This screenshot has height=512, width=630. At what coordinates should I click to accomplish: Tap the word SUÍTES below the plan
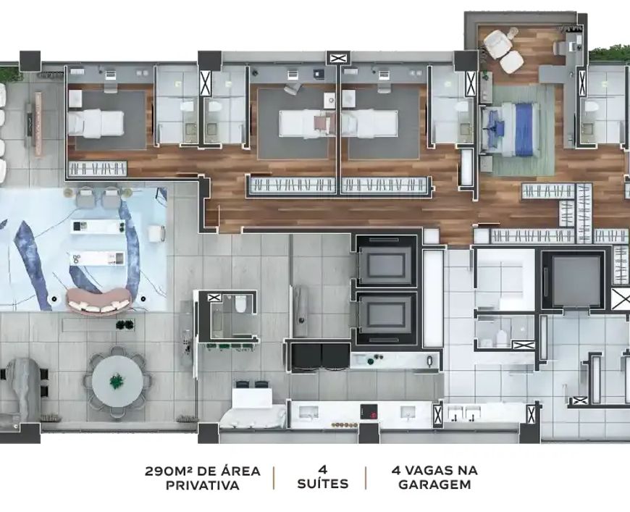coord(323,484)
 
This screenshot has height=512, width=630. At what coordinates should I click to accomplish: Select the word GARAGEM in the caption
coord(434,484)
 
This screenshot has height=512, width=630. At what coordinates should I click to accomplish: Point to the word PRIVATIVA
coord(203,485)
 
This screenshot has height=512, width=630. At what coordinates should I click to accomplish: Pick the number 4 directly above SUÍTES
coord(322,469)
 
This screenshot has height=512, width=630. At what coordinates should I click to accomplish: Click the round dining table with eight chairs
coord(117,382)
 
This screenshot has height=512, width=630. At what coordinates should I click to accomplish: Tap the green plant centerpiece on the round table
coord(117,381)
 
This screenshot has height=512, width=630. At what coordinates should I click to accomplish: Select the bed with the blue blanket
coord(511,129)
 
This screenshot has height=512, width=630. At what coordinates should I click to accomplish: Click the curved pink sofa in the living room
coord(98,301)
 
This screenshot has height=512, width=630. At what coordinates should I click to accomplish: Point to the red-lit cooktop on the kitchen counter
coord(369,412)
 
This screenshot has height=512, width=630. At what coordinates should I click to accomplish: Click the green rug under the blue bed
coord(518,130)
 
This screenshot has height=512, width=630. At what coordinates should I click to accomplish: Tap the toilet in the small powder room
coord(240,304)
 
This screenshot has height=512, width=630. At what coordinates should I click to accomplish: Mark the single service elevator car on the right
coord(574,280)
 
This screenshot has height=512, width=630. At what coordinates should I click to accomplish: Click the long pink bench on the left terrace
coord(38,124)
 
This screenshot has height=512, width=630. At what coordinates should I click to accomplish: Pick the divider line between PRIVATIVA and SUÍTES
coord(274,478)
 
